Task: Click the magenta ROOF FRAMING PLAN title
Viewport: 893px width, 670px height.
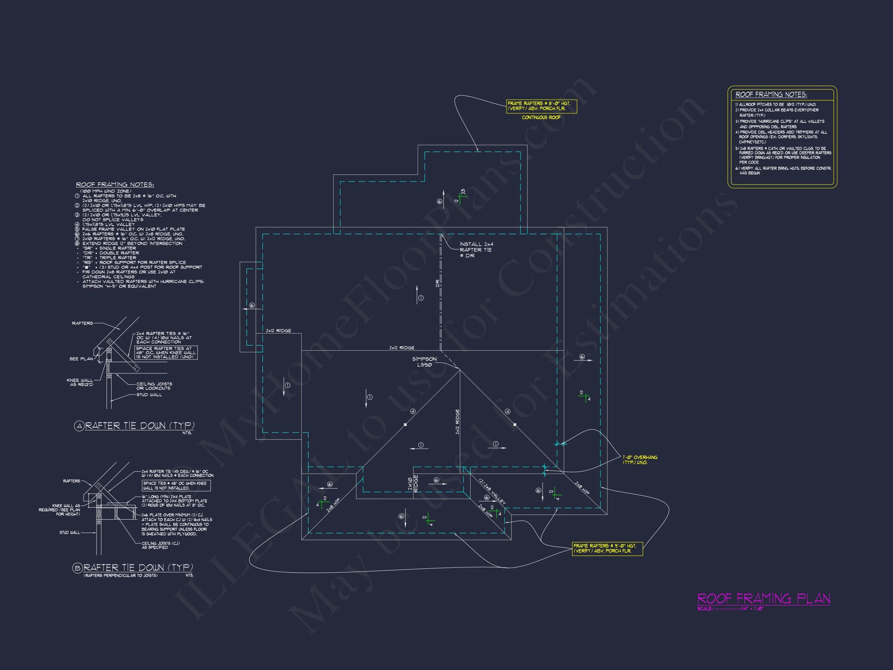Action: click(x=764, y=598)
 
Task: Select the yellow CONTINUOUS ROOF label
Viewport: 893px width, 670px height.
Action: click(x=541, y=117)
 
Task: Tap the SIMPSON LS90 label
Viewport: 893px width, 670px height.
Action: click(x=424, y=362)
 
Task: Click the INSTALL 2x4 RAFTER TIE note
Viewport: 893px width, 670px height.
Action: click(x=476, y=250)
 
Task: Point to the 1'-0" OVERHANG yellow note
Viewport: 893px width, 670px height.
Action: click(x=640, y=459)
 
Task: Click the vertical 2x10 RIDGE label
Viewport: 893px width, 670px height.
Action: click(x=413, y=483)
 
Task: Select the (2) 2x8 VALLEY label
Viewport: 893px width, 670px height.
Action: click(x=492, y=491)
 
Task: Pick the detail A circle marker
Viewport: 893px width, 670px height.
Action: click(x=79, y=426)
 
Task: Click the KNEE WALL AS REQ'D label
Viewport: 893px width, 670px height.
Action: click(x=80, y=382)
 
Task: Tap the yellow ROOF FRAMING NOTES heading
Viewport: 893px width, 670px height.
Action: click(x=771, y=95)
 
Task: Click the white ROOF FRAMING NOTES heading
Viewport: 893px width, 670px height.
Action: click(x=115, y=185)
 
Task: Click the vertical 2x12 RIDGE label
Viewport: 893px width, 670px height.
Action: click(x=457, y=421)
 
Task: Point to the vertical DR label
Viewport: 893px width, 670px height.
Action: click(x=437, y=283)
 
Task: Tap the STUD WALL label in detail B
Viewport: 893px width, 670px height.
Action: click(x=69, y=533)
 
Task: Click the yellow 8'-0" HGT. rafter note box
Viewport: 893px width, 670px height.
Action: click(x=541, y=106)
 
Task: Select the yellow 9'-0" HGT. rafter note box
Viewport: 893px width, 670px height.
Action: click(x=607, y=548)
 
